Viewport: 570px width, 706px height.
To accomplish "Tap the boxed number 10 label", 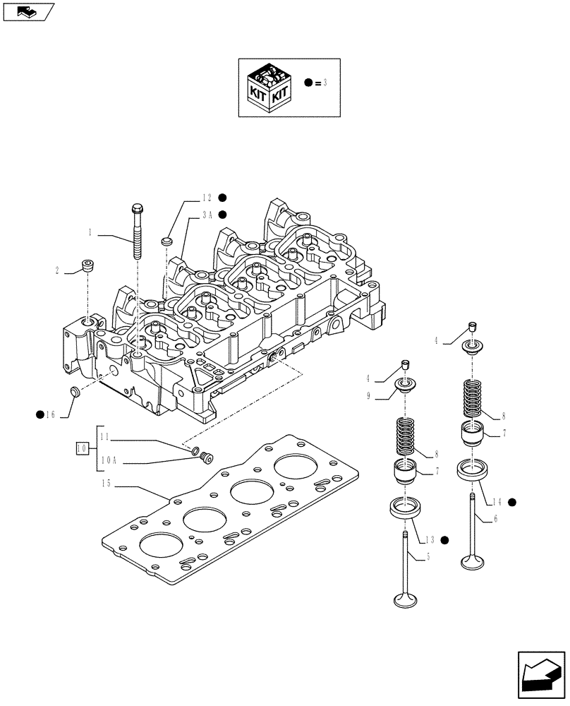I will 82,448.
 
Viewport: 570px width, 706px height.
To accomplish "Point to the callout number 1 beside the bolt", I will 90,231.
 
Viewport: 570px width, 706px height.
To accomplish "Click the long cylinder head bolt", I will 136,233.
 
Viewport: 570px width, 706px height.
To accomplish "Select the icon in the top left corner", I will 28,11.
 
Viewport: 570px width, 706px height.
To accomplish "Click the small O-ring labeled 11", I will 195,450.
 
